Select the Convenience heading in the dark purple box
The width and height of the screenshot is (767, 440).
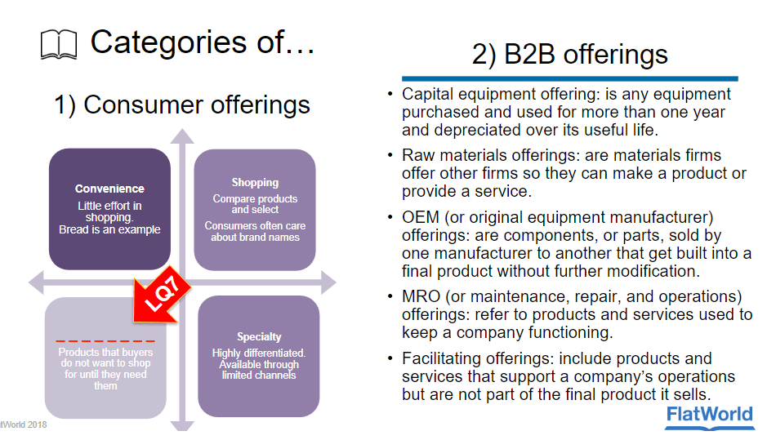coord(109,189)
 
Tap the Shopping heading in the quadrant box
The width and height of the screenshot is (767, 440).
coord(255,182)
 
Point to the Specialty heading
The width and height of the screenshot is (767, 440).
coord(259,336)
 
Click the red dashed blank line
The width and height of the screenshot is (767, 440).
coord(105,340)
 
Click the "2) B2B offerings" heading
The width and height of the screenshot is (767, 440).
coord(569,55)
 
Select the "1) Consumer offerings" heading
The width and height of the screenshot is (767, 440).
coord(181,104)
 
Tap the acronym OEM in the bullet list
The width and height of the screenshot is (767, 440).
coord(420,217)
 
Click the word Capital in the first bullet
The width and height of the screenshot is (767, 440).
coord(426,94)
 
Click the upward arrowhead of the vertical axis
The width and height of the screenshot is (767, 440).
coord(182,136)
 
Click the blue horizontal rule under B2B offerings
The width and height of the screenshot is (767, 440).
coord(564,78)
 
